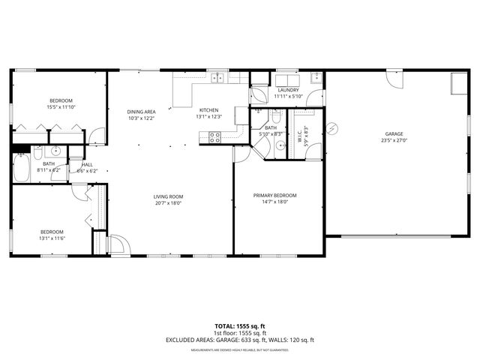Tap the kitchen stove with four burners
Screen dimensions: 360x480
tap(214, 137)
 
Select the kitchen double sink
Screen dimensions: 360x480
tap(218, 77)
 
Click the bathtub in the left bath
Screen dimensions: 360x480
tap(22, 167)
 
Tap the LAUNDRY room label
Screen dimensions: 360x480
tap(287, 90)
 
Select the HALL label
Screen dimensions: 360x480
tap(88, 164)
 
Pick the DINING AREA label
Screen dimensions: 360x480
tap(141, 112)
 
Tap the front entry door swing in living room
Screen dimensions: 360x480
tap(118, 245)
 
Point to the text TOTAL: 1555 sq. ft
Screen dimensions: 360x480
tap(239, 326)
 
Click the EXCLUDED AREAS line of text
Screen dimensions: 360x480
tap(239, 340)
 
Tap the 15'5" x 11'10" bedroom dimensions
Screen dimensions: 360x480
tap(61, 107)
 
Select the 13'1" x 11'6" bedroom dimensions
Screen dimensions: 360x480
tap(52, 238)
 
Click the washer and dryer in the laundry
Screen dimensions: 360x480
tap(287, 80)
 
